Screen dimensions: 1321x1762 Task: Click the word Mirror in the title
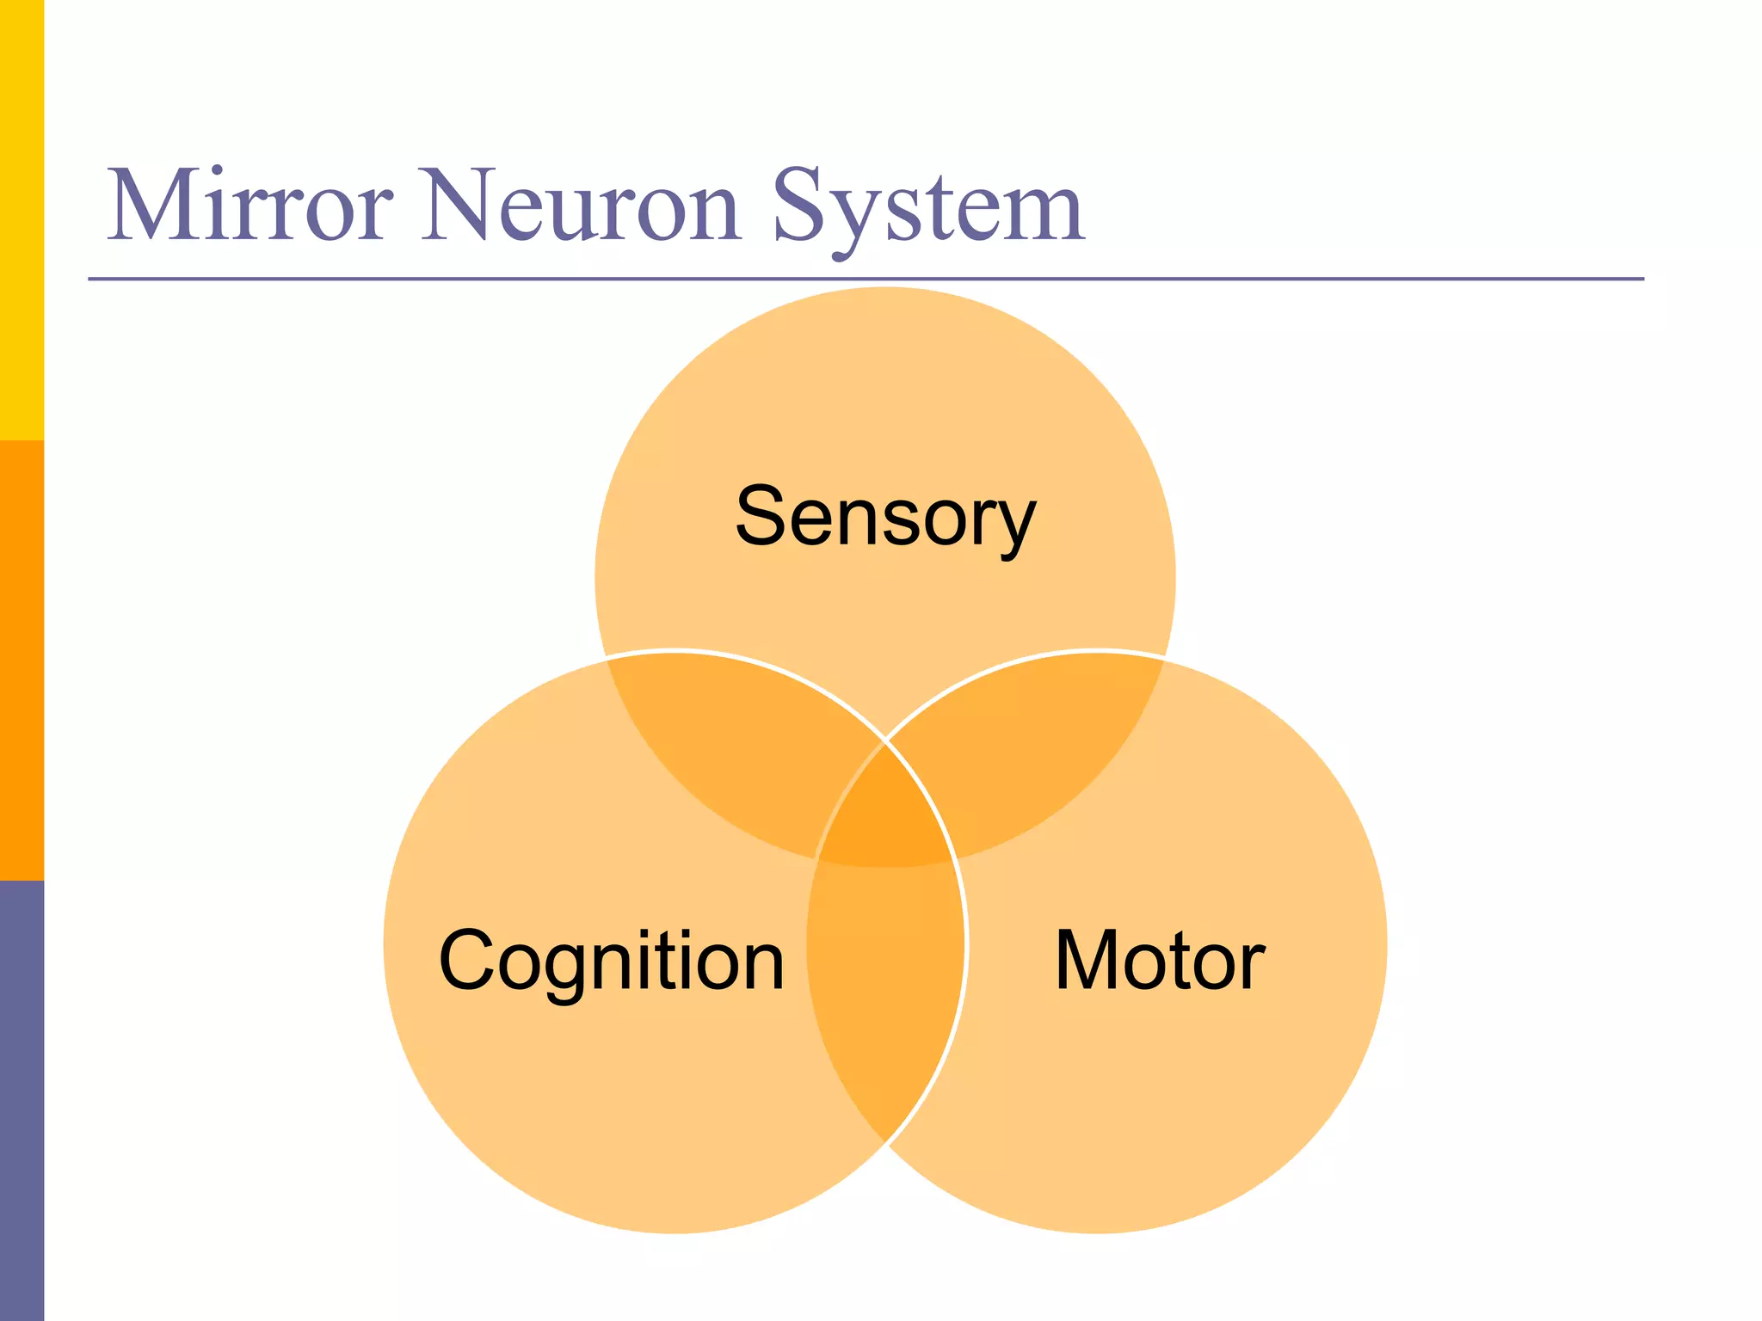pyautogui.click(x=250, y=206)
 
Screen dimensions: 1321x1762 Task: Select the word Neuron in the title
pyautogui.click(x=582, y=206)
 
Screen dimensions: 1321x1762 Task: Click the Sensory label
pyautogui.click(x=885, y=516)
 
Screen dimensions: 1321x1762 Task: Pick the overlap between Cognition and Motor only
pyautogui.click(x=885, y=989)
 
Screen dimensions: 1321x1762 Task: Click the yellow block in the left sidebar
pyautogui.click(x=22, y=220)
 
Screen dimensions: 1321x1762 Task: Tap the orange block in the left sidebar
pyautogui.click(x=22, y=660)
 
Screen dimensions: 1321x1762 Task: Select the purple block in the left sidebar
pyautogui.click(x=22, y=1101)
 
